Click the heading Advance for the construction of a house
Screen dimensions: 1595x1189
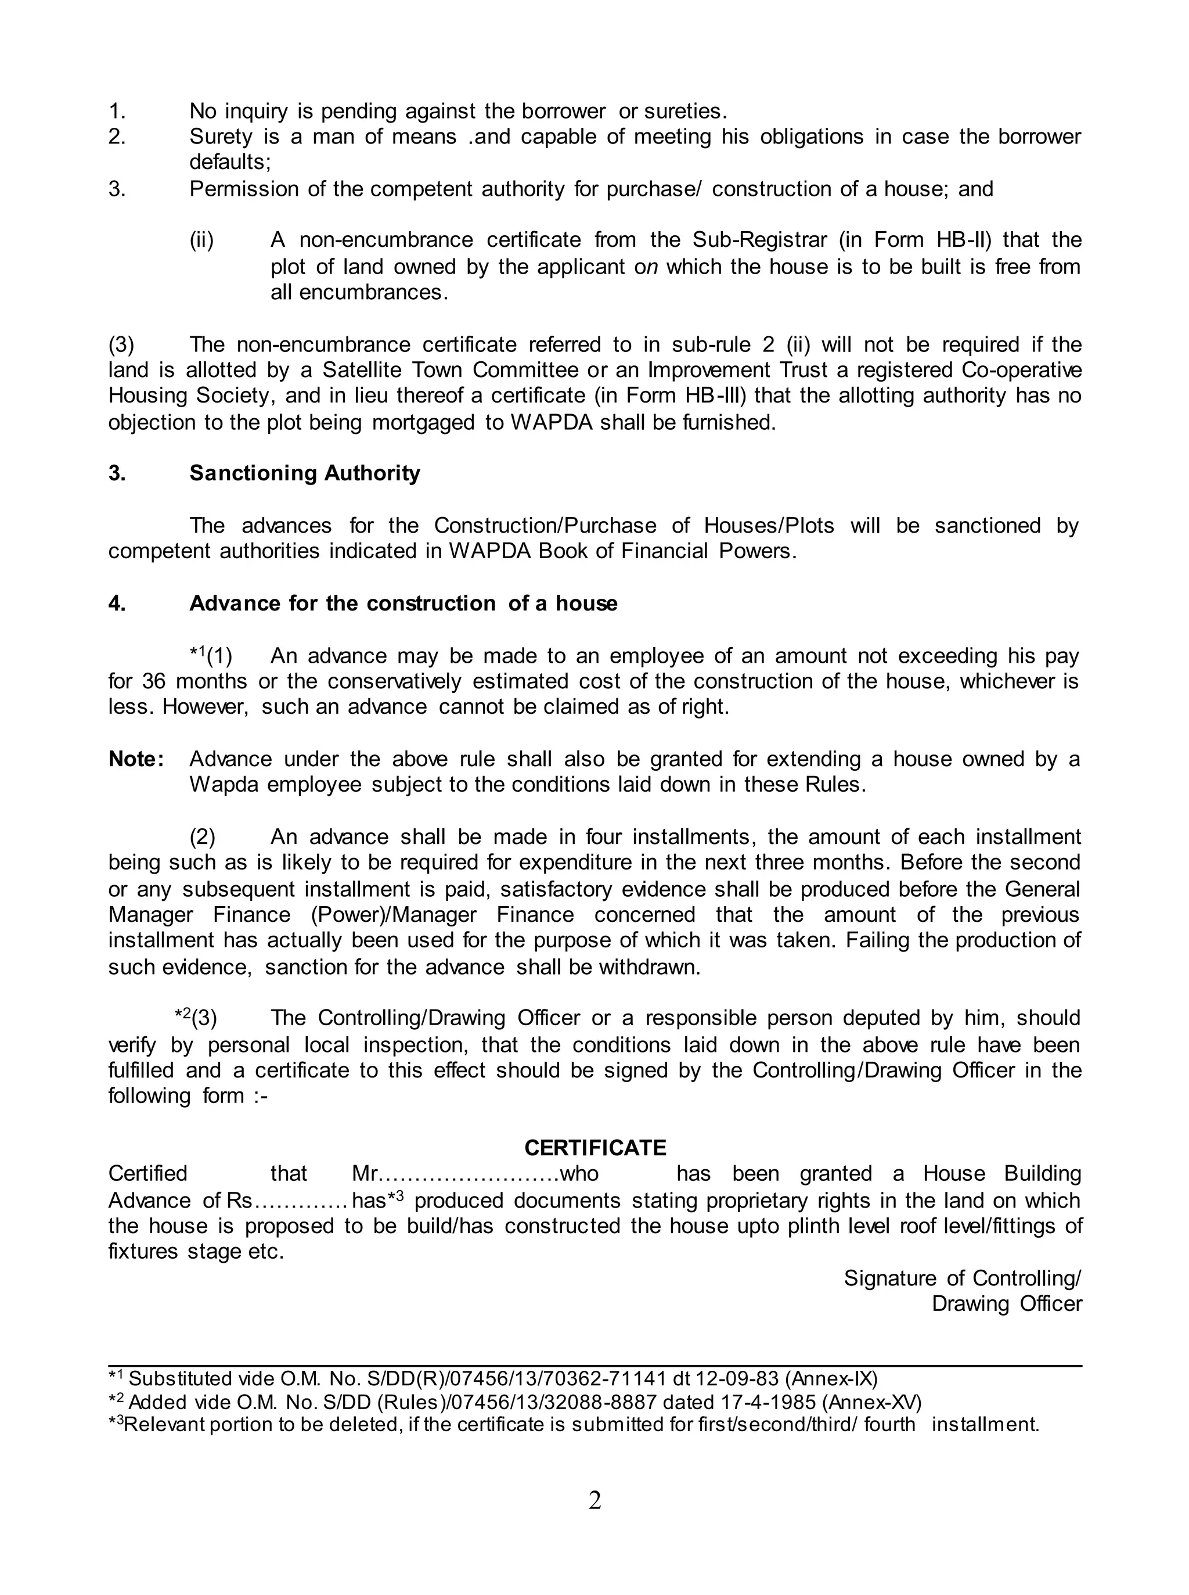(403, 603)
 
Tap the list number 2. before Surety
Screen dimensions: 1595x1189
(117, 137)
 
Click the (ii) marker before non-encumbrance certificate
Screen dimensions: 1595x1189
(201, 240)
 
